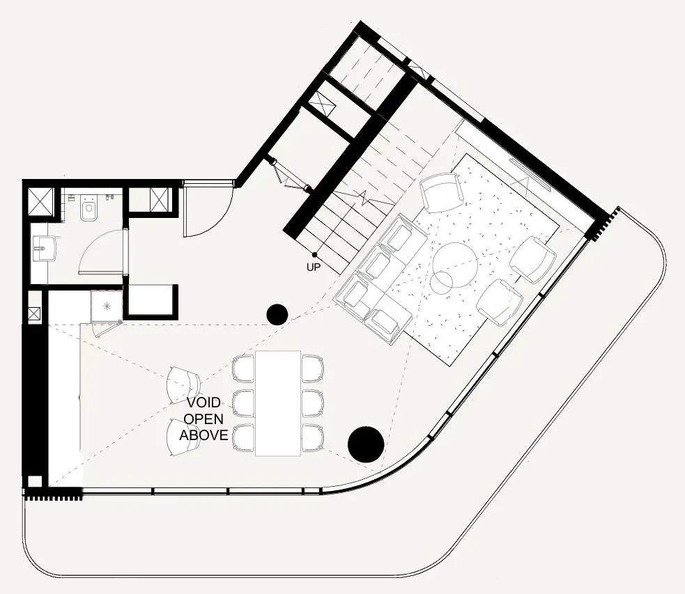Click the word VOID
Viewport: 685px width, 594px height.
click(203, 402)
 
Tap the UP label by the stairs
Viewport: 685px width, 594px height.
click(314, 267)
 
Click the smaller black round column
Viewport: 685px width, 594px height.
click(277, 315)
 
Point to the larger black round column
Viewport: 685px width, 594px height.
click(365, 444)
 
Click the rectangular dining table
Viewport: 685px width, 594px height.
click(278, 402)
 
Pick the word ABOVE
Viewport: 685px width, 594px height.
click(203, 435)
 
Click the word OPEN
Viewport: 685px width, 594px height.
click(203, 419)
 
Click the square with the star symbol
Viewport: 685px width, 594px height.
click(107, 306)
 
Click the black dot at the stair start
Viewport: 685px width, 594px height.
click(314, 255)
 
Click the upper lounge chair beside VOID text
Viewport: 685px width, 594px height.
click(184, 383)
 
